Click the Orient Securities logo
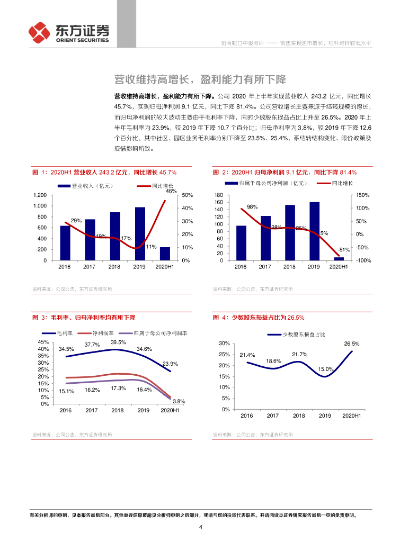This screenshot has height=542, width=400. (x=69, y=33)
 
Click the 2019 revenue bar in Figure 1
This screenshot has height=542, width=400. (x=140, y=233)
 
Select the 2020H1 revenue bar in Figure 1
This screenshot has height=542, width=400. (x=165, y=254)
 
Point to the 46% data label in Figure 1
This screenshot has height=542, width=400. (x=171, y=191)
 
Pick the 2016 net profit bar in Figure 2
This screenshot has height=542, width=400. (x=241, y=243)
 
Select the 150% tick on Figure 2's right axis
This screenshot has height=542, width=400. (x=363, y=195)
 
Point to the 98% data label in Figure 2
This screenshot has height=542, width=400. (x=252, y=207)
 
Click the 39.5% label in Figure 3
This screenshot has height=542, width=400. (x=119, y=342)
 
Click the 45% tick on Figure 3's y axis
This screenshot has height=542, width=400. (x=43, y=342)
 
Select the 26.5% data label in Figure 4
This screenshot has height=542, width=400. (x=352, y=344)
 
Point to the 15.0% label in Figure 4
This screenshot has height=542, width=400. (x=326, y=369)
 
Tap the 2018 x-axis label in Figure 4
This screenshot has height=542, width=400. (x=299, y=416)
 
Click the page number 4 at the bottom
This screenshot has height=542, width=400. (x=200, y=527)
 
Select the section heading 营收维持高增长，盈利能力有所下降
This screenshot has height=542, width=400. (x=200, y=80)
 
